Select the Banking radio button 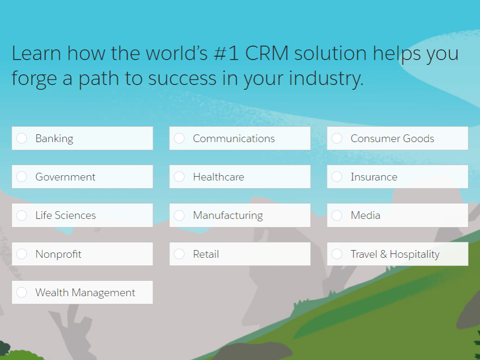(x=22, y=138)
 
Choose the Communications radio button (x=180, y=138)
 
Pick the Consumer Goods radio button (x=337, y=138)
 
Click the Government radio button (x=22, y=177)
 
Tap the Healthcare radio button (x=180, y=177)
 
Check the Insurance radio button (x=337, y=177)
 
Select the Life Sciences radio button (x=22, y=215)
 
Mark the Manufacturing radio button (x=180, y=215)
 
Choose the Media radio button (x=337, y=215)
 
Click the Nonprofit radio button (x=22, y=254)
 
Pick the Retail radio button (x=180, y=254)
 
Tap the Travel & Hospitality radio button (x=337, y=254)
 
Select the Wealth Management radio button (x=22, y=292)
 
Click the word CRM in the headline (x=267, y=53)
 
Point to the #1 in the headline (x=226, y=53)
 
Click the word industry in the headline (x=326, y=78)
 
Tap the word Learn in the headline (x=36, y=53)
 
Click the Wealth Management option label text (x=85, y=293)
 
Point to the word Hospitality (x=415, y=254)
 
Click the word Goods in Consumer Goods (x=419, y=138)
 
